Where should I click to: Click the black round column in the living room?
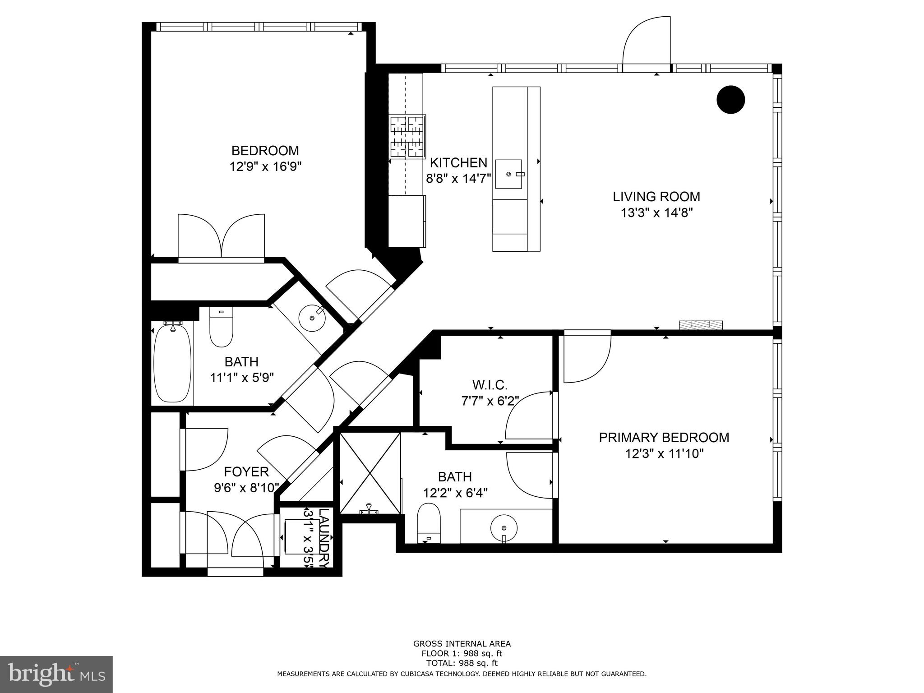coord(730,100)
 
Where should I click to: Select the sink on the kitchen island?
coord(509,174)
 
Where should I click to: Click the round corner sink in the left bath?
coord(312,318)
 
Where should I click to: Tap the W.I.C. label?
coord(490,385)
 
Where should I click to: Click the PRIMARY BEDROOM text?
coord(664,437)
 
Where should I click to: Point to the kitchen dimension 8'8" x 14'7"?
coord(458,179)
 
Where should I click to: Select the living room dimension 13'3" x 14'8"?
coord(656,213)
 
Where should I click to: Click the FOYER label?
coord(246,471)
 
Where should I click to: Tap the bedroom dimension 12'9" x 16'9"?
coord(265,166)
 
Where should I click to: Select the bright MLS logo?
coord(56,674)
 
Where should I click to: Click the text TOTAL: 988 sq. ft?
coord(462,663)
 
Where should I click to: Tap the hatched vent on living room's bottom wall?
coord(701,324)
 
